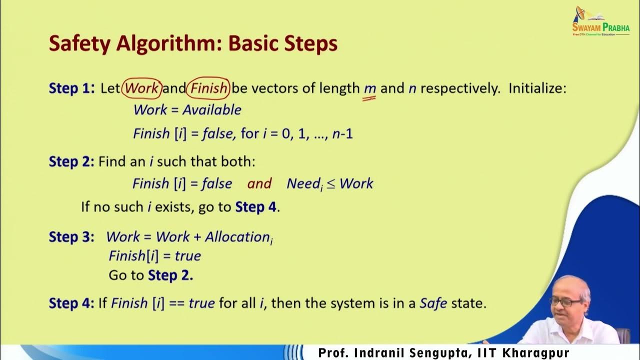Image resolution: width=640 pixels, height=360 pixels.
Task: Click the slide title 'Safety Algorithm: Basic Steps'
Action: point(193,44)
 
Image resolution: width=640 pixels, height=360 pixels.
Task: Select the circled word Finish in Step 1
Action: point(208,88)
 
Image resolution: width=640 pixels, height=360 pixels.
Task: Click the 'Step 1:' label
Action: point(71,88)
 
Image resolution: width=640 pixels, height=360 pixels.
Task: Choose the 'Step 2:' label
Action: point(71,161)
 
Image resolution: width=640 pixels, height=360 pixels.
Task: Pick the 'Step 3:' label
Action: point(71,236)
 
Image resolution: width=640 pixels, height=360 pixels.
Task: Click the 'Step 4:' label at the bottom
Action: point(71,303)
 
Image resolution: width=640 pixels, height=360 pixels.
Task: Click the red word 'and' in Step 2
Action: point(259,183)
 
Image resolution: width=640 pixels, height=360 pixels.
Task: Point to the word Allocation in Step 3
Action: point(237,236)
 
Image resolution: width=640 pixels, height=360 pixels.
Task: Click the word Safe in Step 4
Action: point(433,303)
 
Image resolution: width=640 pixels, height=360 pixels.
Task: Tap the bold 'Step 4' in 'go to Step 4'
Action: point(255,207)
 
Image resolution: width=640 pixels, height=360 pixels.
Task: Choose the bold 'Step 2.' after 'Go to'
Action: point(170,275)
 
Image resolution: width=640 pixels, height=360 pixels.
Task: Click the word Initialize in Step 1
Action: point(537,88)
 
